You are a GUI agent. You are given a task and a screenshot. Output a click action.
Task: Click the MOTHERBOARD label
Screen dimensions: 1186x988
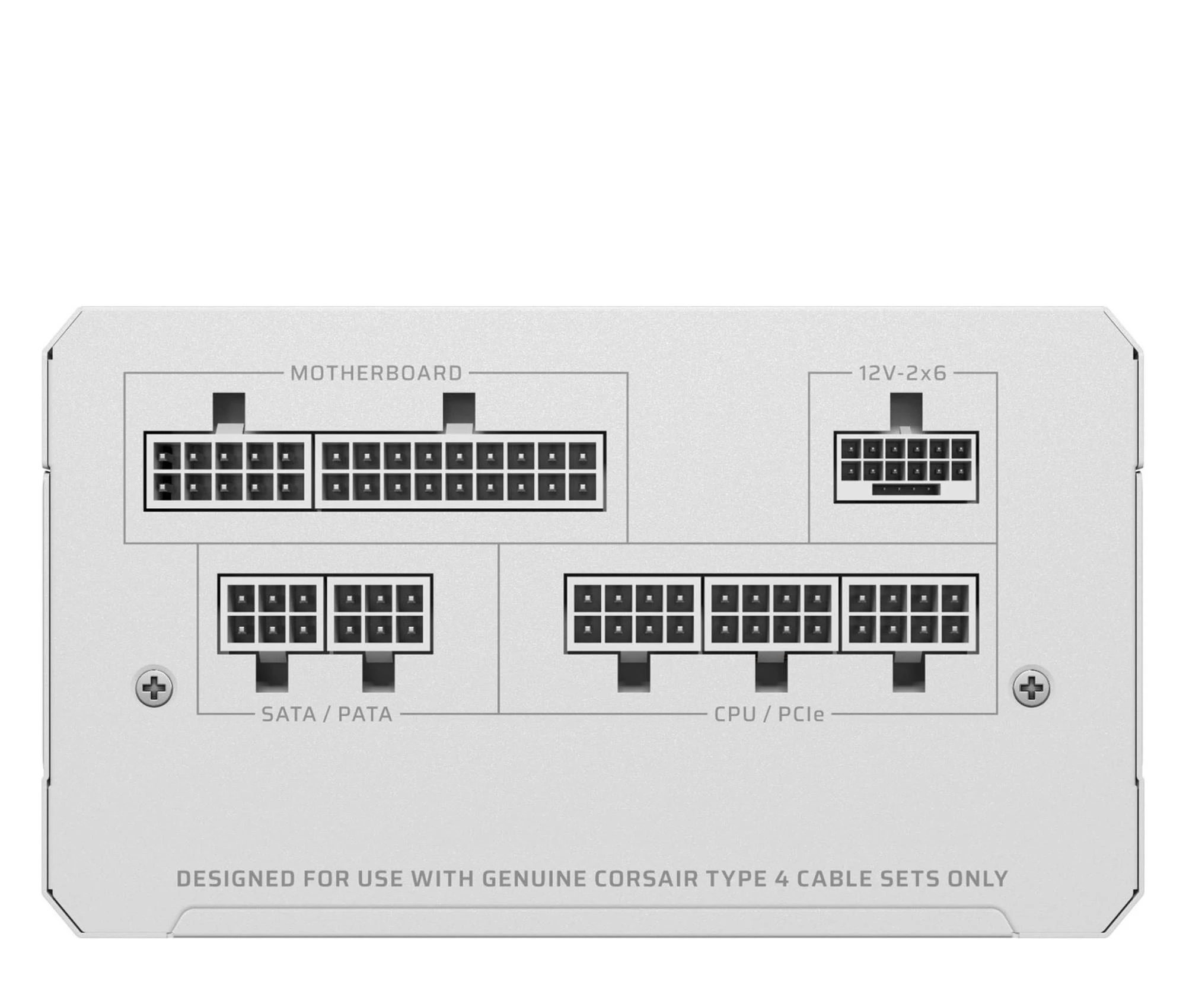click(376, 373)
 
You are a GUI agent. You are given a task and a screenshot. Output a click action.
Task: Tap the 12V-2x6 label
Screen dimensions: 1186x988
click(903, 373)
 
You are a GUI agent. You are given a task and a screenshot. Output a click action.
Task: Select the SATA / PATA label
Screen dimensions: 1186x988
click(327, 714)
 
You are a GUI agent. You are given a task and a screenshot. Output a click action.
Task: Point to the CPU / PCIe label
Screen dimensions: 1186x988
click(769, 714)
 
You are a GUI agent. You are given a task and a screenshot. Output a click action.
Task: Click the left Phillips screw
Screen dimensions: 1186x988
click(154, 688)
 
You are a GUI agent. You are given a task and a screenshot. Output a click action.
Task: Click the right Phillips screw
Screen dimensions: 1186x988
click(1031, 688)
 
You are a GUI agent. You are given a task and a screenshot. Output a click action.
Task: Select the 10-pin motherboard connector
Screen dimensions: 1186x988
click(228, 471)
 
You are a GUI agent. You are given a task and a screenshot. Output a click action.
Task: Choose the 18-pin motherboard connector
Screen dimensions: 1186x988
click(460, 471)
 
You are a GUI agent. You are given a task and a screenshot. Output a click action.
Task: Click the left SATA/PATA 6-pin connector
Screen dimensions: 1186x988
click(272, 614)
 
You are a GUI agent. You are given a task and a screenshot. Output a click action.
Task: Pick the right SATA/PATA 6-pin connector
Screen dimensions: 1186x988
click(380, 614)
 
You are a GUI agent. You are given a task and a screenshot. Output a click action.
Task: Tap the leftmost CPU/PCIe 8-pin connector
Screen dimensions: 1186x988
click(633, 614)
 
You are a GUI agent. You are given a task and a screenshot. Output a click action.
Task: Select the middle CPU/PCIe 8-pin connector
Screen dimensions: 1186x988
click(771, 614)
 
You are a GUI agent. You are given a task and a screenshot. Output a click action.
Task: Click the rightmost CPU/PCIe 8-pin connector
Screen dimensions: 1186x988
click(909, 614)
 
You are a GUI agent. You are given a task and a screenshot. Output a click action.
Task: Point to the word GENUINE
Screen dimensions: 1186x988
click(533, 878)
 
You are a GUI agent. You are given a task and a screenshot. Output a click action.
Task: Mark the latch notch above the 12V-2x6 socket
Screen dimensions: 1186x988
click(906, 412)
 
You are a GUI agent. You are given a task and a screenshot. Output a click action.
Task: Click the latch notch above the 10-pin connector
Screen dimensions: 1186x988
click(228, 413)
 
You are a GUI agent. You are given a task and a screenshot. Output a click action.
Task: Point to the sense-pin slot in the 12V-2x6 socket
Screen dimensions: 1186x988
click(906, 489)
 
